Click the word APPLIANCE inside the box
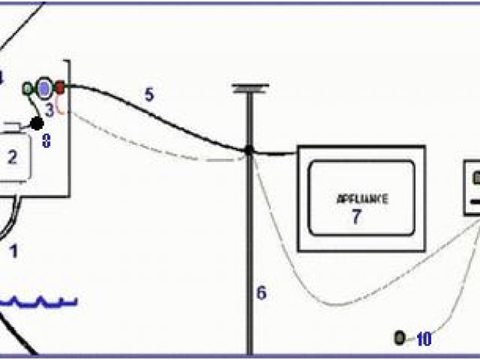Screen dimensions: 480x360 tap(362, 199)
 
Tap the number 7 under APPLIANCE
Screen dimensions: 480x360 tap(356, 217)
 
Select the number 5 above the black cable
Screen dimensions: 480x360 tap(148, 94)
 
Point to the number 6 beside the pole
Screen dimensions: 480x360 tap(260, 292)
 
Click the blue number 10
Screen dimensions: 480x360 tap(424, 339)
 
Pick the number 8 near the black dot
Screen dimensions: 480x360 tap(46, 140)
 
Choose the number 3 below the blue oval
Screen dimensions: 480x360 tap(49, 109)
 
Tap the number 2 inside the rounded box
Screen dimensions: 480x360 tap(11, 157)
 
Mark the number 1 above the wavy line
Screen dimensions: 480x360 tap(13, 250)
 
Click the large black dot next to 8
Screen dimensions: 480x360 tap(37, 122)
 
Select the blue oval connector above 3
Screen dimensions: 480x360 tap(44, 88)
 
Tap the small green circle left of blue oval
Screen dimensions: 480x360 tap(28, 88)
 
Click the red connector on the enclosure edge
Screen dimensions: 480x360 tap(61, 88)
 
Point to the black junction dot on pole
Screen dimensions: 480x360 tap(248, 150)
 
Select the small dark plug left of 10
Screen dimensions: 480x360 tap(400, 338)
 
